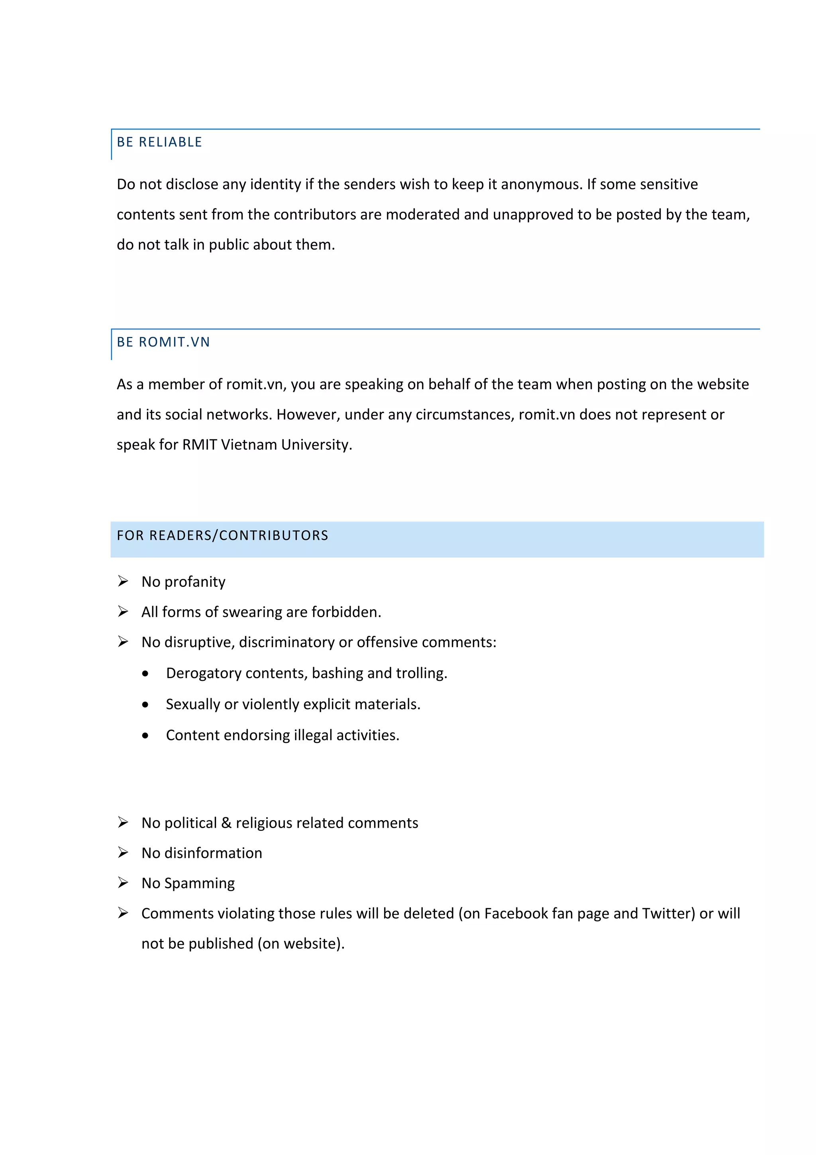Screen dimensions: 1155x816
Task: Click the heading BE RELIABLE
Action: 159,142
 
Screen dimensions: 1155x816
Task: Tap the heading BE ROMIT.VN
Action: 163,342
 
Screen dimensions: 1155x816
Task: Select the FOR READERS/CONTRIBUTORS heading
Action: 222,535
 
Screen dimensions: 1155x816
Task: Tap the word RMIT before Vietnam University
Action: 199,445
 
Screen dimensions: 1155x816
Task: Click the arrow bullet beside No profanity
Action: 123,582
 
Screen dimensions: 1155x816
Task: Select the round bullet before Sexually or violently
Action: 145,705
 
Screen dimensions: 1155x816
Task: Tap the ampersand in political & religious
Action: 226,823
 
